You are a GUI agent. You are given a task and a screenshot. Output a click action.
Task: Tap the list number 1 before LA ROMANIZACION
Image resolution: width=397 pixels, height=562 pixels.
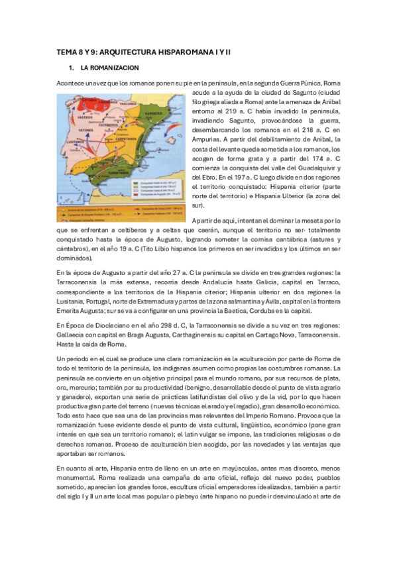coord(71,69)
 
